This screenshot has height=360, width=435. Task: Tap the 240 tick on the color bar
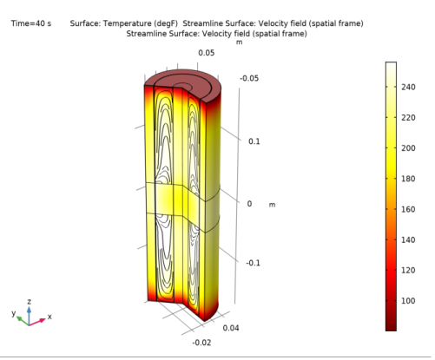click(x=411, y=87)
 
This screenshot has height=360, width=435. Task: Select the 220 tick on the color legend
click(x=411, y=117)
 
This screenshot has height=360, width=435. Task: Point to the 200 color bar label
click(x=411, y=147)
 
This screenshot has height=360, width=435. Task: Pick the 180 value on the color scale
click(x=411, y=178)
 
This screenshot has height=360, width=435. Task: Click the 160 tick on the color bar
click(x=411, y=208)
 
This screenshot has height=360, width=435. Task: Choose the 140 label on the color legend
click(x=411, y=239)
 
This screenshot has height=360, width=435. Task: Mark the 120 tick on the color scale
click(x=411, y=270)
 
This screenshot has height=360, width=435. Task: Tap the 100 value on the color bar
click(x=411, y=300)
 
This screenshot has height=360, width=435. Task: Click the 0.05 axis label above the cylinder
click(x=206, y=53)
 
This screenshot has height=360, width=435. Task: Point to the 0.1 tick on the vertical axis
click(x=254, y=141)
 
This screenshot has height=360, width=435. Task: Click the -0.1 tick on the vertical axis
click(x=252, y=263)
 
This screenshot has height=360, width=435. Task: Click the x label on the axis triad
click(x=49, y=317)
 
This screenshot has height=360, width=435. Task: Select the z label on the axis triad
click(x=30, y=301)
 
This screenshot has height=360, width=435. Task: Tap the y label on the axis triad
click(x=13, y=312)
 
